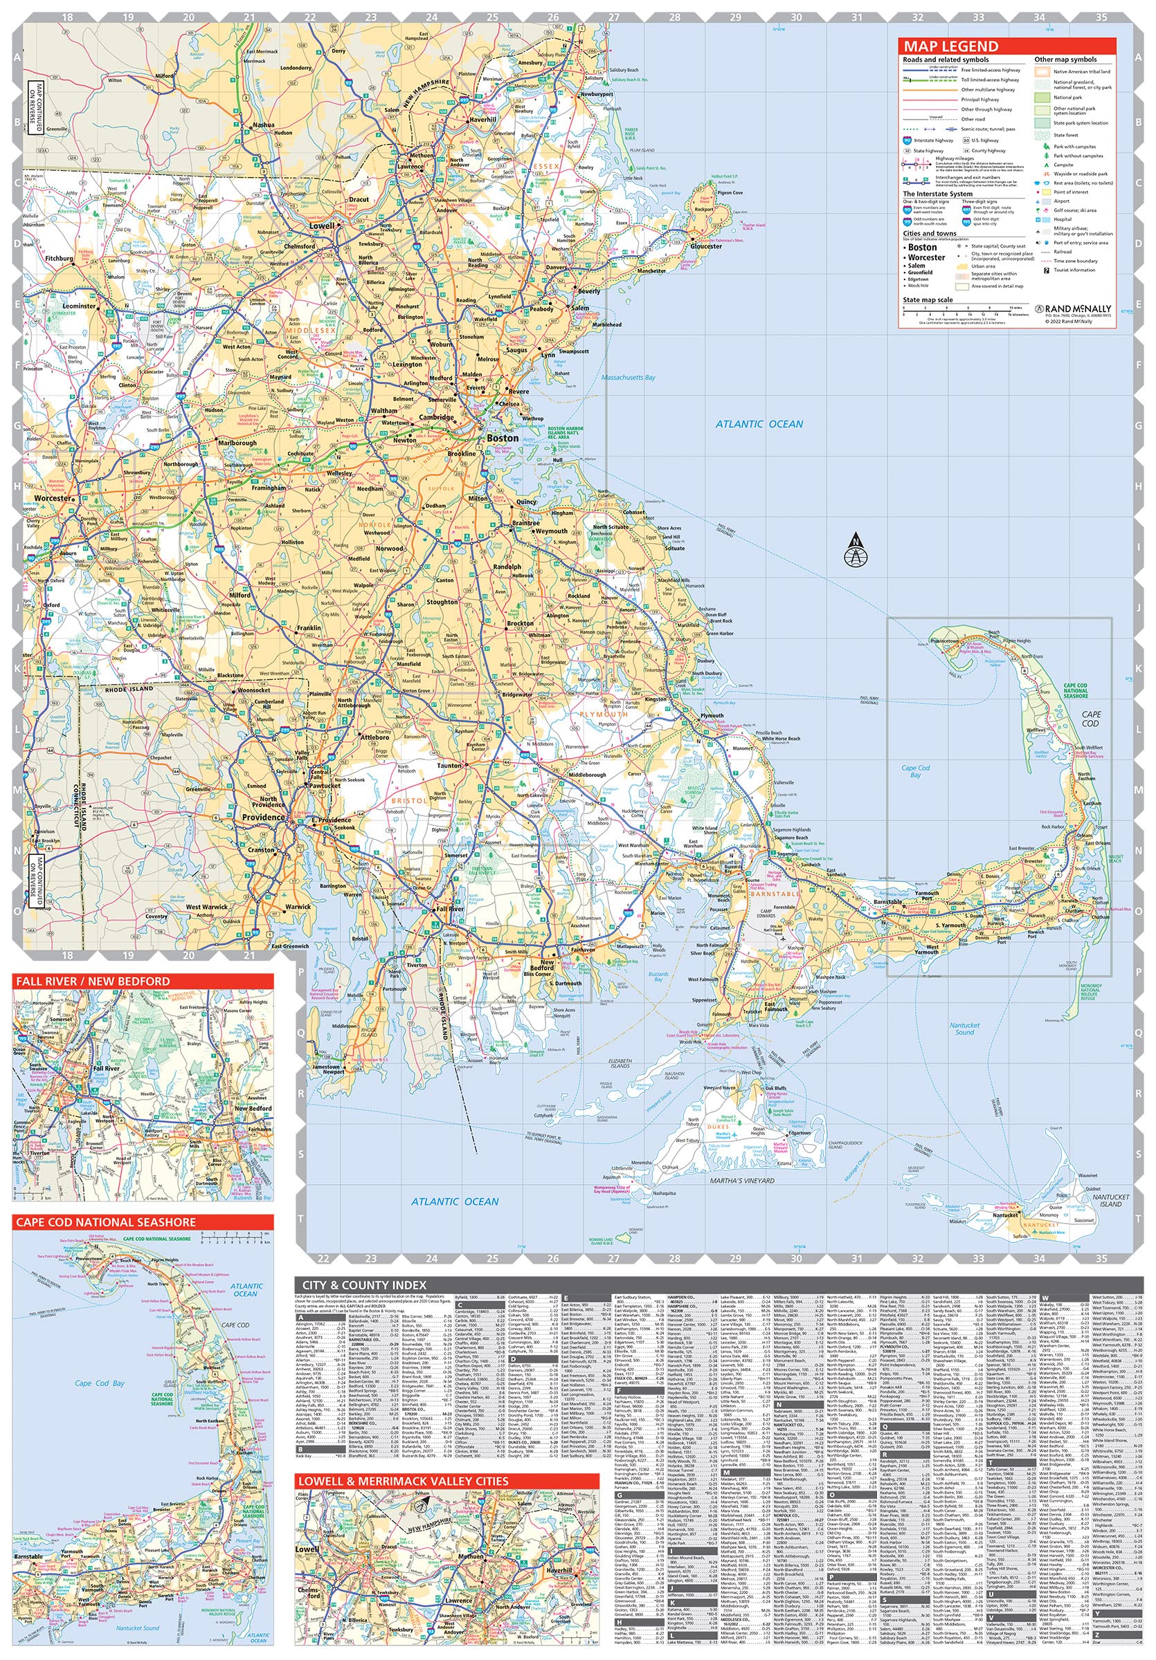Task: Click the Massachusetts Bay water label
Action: tap(629, 378)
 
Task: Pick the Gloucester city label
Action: tap(705, 246)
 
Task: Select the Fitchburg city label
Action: tap(59, 258)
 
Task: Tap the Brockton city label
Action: tap(519, 622)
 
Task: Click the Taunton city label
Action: tap(449, 765)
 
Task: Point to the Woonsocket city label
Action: tap(253, 690)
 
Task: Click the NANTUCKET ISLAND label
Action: tap(1110, 1201)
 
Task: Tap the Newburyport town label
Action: tap(596, 94)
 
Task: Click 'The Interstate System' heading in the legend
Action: tap(937, 194)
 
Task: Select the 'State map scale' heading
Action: tap(928, 299)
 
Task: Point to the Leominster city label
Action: tap(79, 306)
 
